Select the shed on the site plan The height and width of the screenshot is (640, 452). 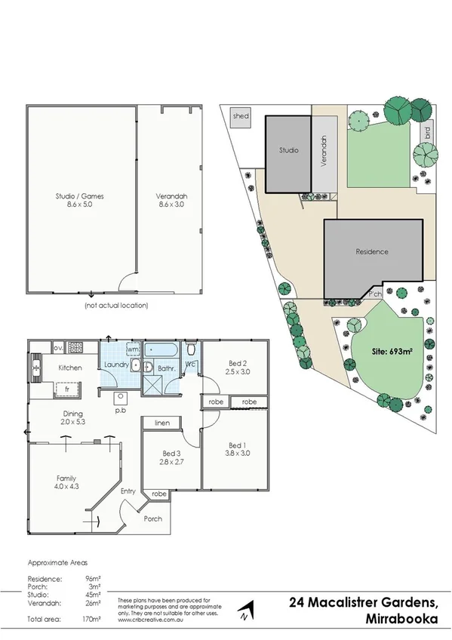(241, 116)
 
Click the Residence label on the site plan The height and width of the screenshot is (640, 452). (373, 252)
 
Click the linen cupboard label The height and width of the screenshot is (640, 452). (161, 423)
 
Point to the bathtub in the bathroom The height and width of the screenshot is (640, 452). (162, 350)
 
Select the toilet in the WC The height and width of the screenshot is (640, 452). (191, 349)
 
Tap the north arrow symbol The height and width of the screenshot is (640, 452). (244, 610)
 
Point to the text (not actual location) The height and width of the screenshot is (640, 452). (115, 306)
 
